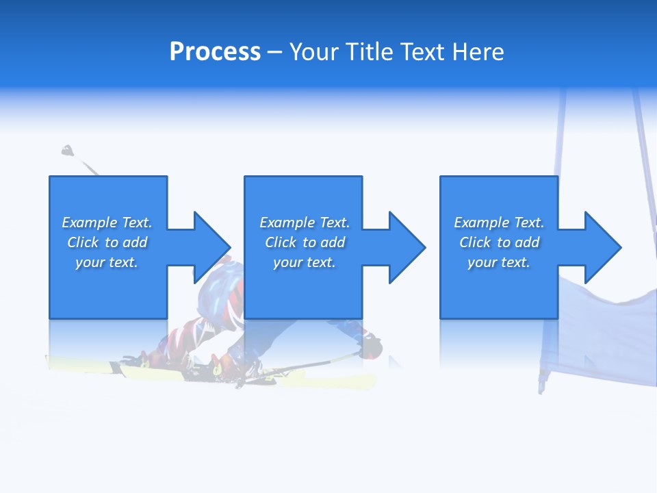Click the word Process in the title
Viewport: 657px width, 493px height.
[215, 52]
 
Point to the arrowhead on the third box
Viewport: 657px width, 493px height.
[602, 247]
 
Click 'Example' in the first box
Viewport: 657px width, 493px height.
[90, 223]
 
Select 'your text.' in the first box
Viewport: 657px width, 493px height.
[107, 262]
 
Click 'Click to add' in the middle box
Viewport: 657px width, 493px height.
[305, 242]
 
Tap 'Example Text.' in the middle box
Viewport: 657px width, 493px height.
[305, 223]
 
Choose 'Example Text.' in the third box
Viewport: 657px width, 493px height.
[499, 223]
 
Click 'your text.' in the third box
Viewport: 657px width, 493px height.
[499, 262]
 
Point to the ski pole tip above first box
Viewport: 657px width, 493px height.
[67, 150]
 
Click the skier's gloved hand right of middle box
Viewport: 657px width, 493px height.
[373, 346]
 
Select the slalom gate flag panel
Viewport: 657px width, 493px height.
[595, 329]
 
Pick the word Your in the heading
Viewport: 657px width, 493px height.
[315, 52]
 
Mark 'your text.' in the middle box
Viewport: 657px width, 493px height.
[305, 262]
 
